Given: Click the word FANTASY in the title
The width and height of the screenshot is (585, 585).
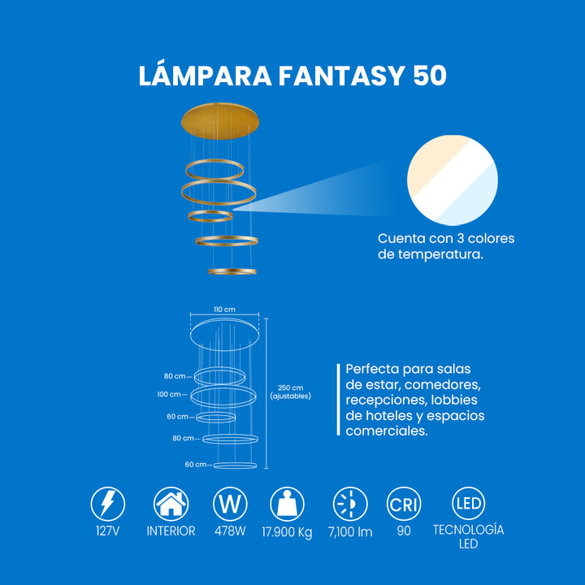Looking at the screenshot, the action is click(x=341, y=76).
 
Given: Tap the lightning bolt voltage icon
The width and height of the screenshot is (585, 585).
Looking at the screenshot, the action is click(x=108, y=504).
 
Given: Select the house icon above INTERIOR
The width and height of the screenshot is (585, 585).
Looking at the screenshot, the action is click(x=171, y=504).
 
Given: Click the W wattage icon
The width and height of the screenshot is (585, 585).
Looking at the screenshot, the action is click(x=230, y=504).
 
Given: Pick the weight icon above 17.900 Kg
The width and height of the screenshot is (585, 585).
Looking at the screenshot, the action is click(x=287, y=504).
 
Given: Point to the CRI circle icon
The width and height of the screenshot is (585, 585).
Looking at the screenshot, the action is click(x=404, y=504).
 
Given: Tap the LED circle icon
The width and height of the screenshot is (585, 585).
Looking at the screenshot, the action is click(x=469, y=503).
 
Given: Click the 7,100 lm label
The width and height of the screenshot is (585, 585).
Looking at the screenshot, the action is click(x=350, y=532).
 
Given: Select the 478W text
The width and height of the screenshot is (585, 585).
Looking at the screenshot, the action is click(x=230, y=531).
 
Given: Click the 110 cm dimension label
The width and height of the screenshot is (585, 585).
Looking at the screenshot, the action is click(x=224, y=310).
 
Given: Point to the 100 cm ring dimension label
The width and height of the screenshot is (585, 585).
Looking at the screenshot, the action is click(x=169, y=394).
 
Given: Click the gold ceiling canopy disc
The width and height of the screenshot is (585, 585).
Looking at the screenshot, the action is click(x=220, y=121).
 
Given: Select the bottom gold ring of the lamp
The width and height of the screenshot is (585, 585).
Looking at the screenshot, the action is click(x=232, y=271).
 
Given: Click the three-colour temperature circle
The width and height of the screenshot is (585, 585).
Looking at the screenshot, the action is click(x=453, y=180).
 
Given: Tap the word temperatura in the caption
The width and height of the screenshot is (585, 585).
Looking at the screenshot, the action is click(x=440, y=254).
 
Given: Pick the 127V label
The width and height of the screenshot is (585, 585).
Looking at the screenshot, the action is click(x=108, y=531).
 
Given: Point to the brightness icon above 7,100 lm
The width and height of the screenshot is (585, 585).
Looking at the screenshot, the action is click(x=350, y=504).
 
